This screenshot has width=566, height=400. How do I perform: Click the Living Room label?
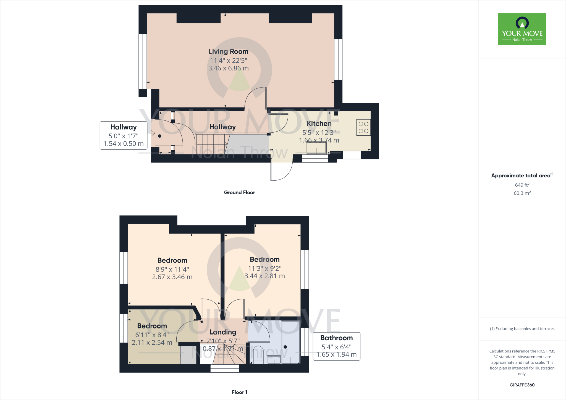click(228, 52)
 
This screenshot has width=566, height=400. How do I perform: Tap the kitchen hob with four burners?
click(363, 127)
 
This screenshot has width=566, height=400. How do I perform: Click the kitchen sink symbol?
click(316, 148)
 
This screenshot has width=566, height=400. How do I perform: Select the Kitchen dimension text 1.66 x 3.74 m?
click(319, 140)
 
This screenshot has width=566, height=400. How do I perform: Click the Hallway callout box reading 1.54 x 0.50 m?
click(123, 136)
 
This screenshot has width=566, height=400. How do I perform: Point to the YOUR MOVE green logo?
click(522, 29)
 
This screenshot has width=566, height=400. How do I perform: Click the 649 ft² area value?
click(522, 185)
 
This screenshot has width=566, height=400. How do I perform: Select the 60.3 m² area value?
click(522, 193)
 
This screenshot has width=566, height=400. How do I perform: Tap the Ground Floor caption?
click(239, 193)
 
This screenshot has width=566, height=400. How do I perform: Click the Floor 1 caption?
click(239, 392)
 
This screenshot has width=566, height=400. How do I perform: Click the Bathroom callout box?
click(336, 346)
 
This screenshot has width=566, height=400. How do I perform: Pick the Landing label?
click(223, 332)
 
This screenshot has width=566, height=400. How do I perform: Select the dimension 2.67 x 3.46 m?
click(172, 277)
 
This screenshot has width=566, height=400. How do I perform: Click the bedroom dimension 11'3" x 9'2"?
click(264, 269)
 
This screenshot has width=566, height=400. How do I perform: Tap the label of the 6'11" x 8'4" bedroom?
click(152, 326)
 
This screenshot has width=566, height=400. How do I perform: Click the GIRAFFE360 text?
click(522, 385)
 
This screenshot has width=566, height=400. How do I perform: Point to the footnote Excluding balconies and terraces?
click(522, 329)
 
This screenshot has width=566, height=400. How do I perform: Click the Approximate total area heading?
click(521, 176)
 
